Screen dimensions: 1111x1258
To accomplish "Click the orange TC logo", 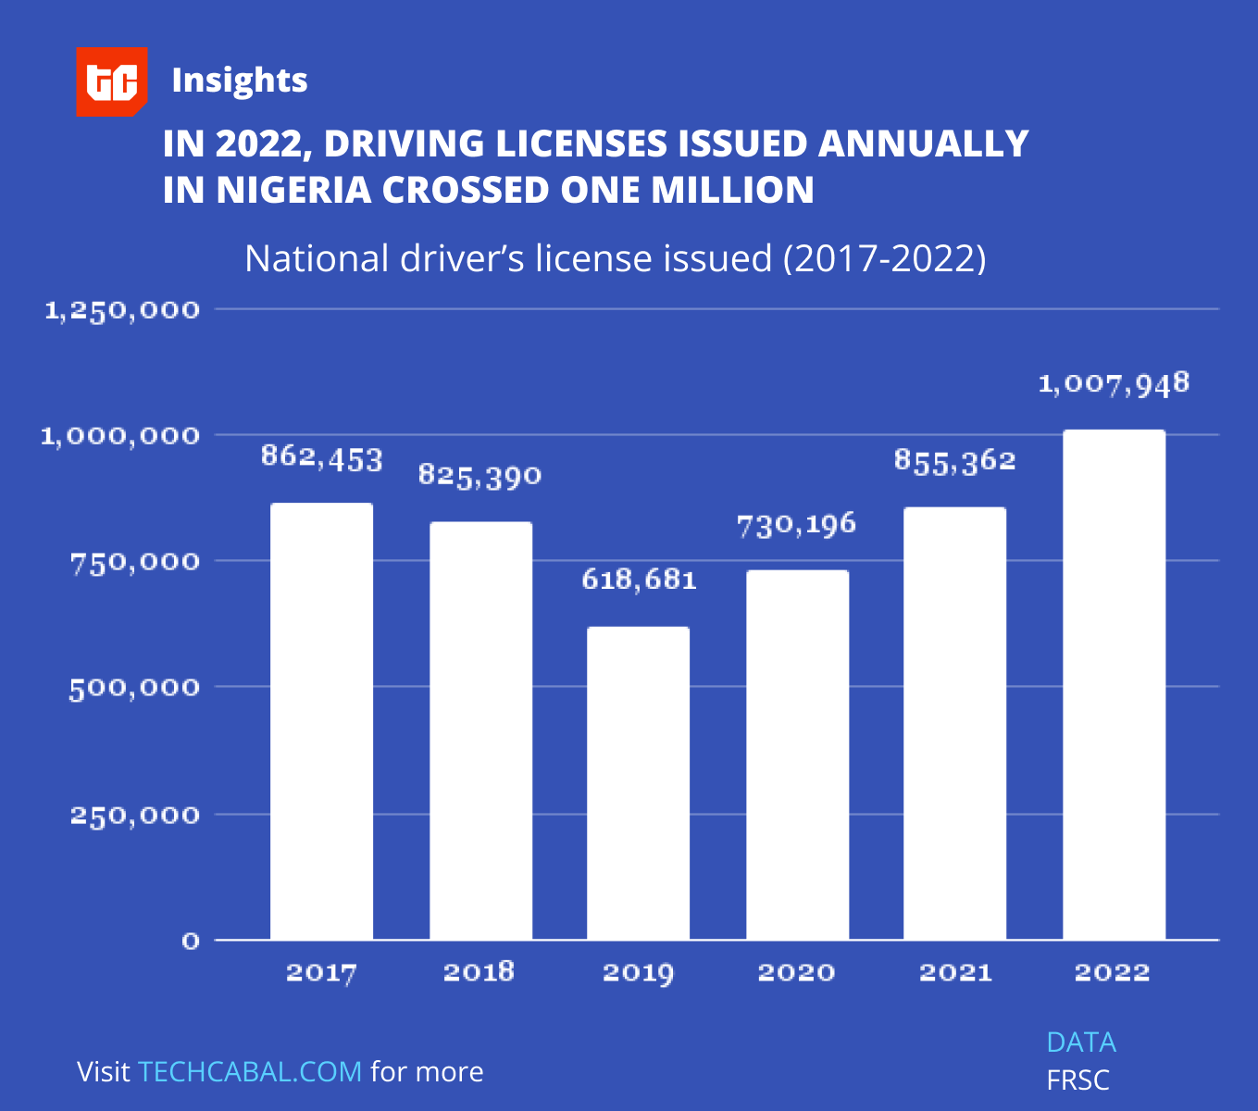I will (111, 81).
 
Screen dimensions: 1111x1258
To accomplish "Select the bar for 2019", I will (638, 782).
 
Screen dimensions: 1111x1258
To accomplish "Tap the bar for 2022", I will (1114, 684).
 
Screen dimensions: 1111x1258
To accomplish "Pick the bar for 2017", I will (321, 721).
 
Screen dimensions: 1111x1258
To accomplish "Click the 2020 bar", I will (797, 755).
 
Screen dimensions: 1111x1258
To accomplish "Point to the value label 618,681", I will (639, 580).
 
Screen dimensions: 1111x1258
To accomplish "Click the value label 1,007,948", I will (1114, 383).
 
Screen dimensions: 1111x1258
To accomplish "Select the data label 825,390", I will (480, 476).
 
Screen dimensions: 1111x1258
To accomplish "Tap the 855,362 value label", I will (954, 461).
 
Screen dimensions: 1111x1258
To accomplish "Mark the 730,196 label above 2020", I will (796, 525).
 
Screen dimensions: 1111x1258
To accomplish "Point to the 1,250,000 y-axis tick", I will (122, 310).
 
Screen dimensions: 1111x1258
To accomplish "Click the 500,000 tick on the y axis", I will (134, 688).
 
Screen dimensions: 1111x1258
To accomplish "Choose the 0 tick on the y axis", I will (191, 942).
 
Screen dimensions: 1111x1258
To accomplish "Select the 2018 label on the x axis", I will (479, 971).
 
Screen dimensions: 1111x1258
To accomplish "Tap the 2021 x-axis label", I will (954, 972).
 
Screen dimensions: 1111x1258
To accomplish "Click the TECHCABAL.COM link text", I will (250, 1071).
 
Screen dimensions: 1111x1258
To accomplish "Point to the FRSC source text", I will (1077, 1080).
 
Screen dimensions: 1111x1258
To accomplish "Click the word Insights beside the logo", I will (239, 81).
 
